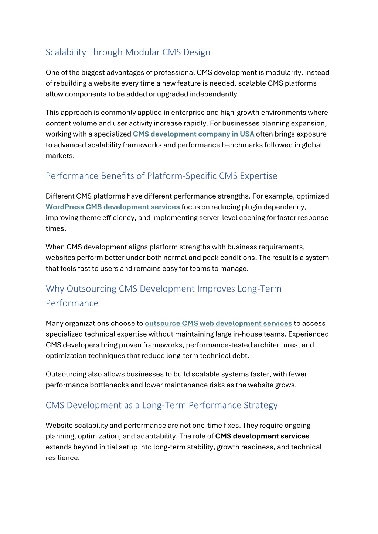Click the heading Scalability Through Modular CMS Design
tap(128, 52)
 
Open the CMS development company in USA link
tap(193, 134)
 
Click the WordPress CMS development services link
tap(113, 207)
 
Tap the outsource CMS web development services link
tap(218, 323)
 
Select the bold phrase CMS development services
tap(262, 436)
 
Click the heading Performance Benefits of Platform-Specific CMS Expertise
tap(161, 176)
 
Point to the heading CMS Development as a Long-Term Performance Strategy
tap(161, 405)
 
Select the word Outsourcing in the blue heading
tap(92, 289)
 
